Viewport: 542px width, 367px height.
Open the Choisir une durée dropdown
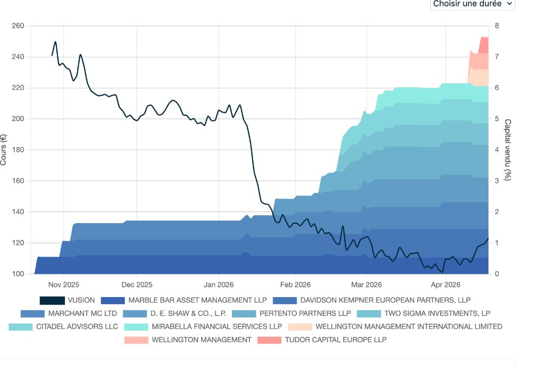(x=472, y=4)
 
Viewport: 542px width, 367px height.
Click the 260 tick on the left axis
(x=18, y=26)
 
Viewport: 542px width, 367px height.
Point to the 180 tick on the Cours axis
(x=18, y=150)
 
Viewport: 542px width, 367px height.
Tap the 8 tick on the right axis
(x=496, y=26)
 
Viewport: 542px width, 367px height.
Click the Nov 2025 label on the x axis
(x=64, y=284)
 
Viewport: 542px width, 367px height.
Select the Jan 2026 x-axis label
(x=218, y=284)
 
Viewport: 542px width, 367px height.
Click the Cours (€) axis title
(x=4, y=150)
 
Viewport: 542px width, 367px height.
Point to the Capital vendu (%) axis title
(x=508, y=150)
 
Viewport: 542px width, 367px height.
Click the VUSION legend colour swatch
(x=52, y=300)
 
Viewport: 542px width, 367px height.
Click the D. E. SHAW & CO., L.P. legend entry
(x=185, y=313)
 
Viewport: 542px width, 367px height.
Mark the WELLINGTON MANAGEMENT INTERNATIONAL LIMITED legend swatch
(x=300, y=326)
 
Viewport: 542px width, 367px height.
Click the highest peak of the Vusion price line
(x=55, y=42)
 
